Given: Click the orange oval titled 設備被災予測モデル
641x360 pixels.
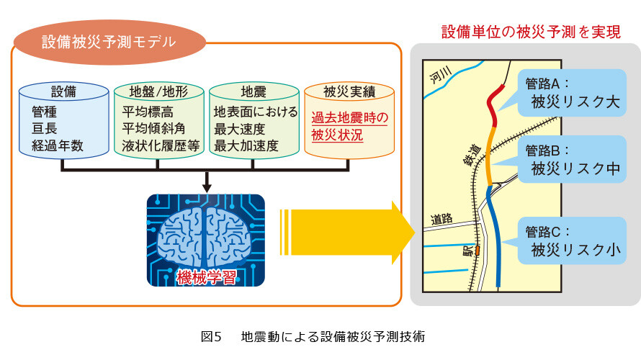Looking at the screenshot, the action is (x=109, y=42).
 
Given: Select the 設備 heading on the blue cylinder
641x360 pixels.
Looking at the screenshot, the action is (x=63, y=91).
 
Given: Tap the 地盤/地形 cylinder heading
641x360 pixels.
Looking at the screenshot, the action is (x=158, y=91).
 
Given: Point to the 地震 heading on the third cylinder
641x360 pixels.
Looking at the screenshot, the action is (x=254, y=91).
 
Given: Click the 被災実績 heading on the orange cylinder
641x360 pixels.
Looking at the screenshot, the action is (x=349, y=91).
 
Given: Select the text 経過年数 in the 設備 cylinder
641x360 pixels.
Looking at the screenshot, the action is (x=58, y=145).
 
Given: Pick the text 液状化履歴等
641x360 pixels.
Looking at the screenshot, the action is (x=161, y=145).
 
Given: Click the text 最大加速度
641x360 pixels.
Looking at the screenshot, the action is (x=246, y=145).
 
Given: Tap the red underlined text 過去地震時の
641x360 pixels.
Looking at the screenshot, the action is (x=349, y=117).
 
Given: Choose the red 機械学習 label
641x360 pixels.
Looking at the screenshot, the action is (x=206, y=278).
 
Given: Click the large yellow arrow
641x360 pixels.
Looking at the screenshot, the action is (x=347, y=233).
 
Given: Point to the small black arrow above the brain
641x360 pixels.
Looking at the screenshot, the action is (x=207, y=182).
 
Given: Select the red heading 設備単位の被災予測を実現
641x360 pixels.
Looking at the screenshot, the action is (x=531, y=32).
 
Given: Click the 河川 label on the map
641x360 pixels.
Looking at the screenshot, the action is (x=441, y=75).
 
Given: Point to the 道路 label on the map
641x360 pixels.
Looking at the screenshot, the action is (x=441, y=219).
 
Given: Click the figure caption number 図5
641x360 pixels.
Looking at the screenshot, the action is (x=211, y=337).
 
